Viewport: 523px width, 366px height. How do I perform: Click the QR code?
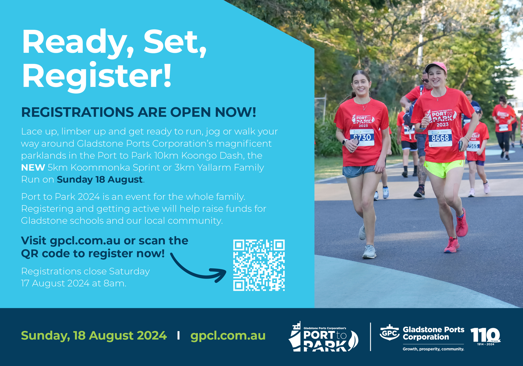click(259, 265)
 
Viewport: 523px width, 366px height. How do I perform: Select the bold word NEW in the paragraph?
click(33, 168)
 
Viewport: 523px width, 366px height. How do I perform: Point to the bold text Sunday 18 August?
click(100, 180)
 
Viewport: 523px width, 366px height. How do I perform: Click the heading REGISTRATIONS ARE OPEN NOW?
click(139, 112)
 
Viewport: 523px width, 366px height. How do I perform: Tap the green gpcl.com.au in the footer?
click(228, 335)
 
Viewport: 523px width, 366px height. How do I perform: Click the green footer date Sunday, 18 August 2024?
click(94, 336)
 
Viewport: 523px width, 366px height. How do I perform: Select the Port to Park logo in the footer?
click(323, 336)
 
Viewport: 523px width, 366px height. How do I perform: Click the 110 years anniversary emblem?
click(486, 336)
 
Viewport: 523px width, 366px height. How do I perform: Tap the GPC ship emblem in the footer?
click(390, 333)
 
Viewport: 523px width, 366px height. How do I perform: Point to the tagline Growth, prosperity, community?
click(433, 349)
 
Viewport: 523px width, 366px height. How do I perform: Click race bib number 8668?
click(440, 138)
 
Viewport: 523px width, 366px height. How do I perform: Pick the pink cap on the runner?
click(436, 67)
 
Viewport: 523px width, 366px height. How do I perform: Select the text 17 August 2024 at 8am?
click(74, 283)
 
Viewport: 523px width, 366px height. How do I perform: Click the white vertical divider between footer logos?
click(370, 337)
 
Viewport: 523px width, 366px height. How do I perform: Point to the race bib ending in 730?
click(362, 137)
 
